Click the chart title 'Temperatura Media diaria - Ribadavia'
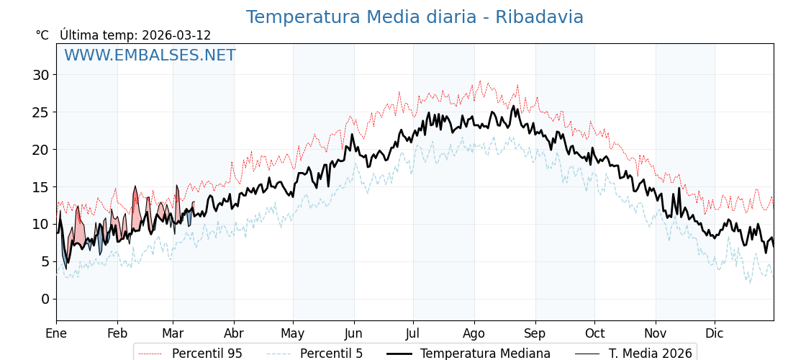coord(415,17)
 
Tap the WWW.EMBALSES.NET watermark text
coord(150,55)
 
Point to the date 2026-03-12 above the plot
coord(176,35)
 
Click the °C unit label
coord(42,35)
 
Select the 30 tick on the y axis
coord(40,75)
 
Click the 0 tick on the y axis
coord(45,299)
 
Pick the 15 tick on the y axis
coord(40,187)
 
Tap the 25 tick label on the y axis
coord(40,112)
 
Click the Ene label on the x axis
coord(56,333)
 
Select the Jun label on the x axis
coord(353,333)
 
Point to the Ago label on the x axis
coord(474,333)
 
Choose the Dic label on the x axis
coord(715,333)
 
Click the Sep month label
coord(535,333)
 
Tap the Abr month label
coord(234,333)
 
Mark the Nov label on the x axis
coord(655,333)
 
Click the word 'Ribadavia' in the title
coord(539,17)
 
